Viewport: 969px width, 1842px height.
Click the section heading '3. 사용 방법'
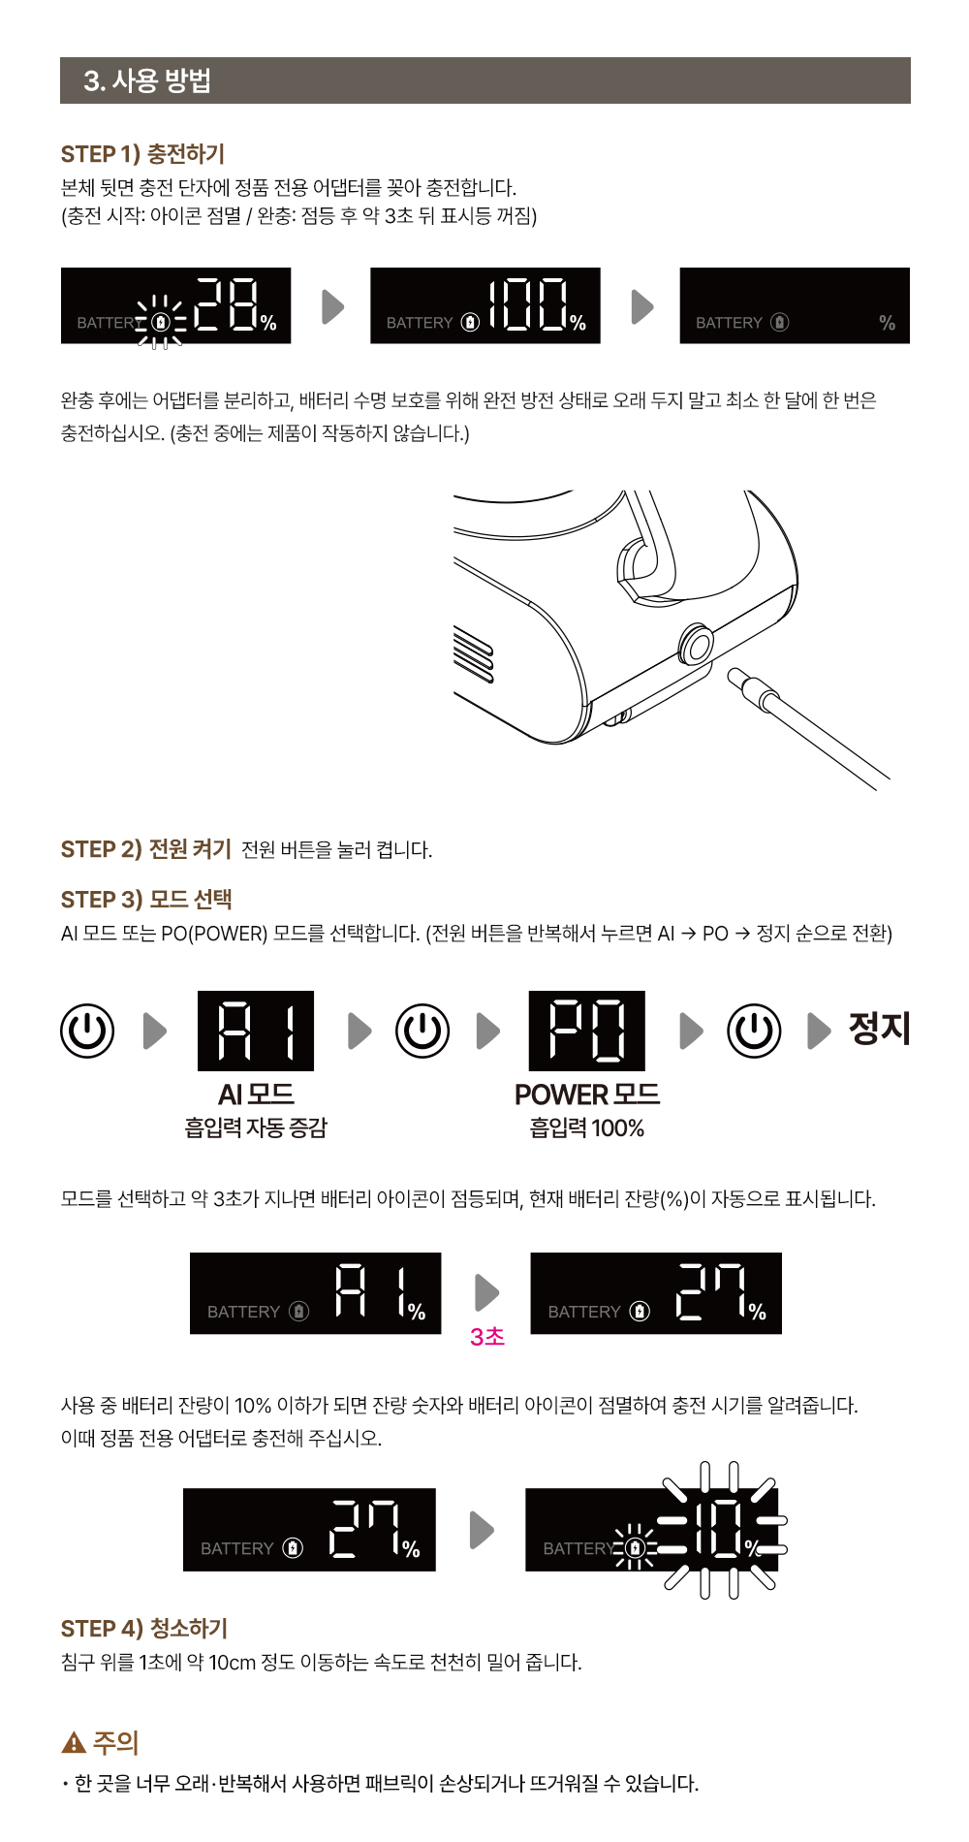147,80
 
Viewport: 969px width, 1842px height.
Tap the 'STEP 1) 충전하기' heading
142,154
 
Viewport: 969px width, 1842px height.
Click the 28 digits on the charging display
226,304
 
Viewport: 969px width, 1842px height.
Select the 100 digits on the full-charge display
528,304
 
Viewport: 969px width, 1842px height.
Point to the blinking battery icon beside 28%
161,322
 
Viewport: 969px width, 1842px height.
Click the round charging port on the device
696,645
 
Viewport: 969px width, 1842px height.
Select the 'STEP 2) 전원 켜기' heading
146,849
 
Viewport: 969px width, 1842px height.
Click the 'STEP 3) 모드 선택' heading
146,900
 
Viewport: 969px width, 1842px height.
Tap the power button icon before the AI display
87,1031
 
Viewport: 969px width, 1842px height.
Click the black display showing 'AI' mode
256,1031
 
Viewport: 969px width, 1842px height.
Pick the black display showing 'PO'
587,1031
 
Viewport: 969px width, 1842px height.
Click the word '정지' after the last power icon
880,1029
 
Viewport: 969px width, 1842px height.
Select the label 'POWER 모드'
587,1095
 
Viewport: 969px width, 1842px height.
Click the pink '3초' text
487,1337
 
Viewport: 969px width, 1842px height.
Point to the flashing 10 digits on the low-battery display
725,1530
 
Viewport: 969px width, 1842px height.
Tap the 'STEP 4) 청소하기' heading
144,1629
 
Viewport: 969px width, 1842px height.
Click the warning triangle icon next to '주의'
74,1743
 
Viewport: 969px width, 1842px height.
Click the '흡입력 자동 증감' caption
256,1127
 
